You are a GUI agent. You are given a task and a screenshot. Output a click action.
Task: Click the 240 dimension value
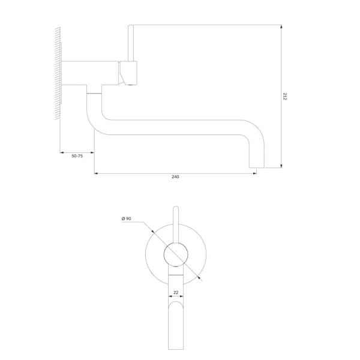click(175, 177)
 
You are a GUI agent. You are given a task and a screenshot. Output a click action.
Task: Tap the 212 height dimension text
click(284, 97)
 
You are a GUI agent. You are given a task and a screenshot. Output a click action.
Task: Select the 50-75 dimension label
click(77, 156)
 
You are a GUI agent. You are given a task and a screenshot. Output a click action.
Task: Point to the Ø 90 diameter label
click(126, 218)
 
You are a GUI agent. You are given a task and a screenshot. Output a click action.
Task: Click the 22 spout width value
click(176, 293)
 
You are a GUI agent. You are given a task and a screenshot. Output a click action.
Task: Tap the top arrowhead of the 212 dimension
click(281, 26)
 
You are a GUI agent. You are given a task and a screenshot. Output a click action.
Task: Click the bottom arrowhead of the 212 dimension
click(281, 166)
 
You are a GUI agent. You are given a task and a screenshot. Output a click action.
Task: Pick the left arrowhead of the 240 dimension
click(96, 173)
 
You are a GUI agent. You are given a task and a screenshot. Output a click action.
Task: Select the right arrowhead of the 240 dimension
click(254, 173)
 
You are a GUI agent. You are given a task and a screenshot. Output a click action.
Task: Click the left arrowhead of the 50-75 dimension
click(62, 152)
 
